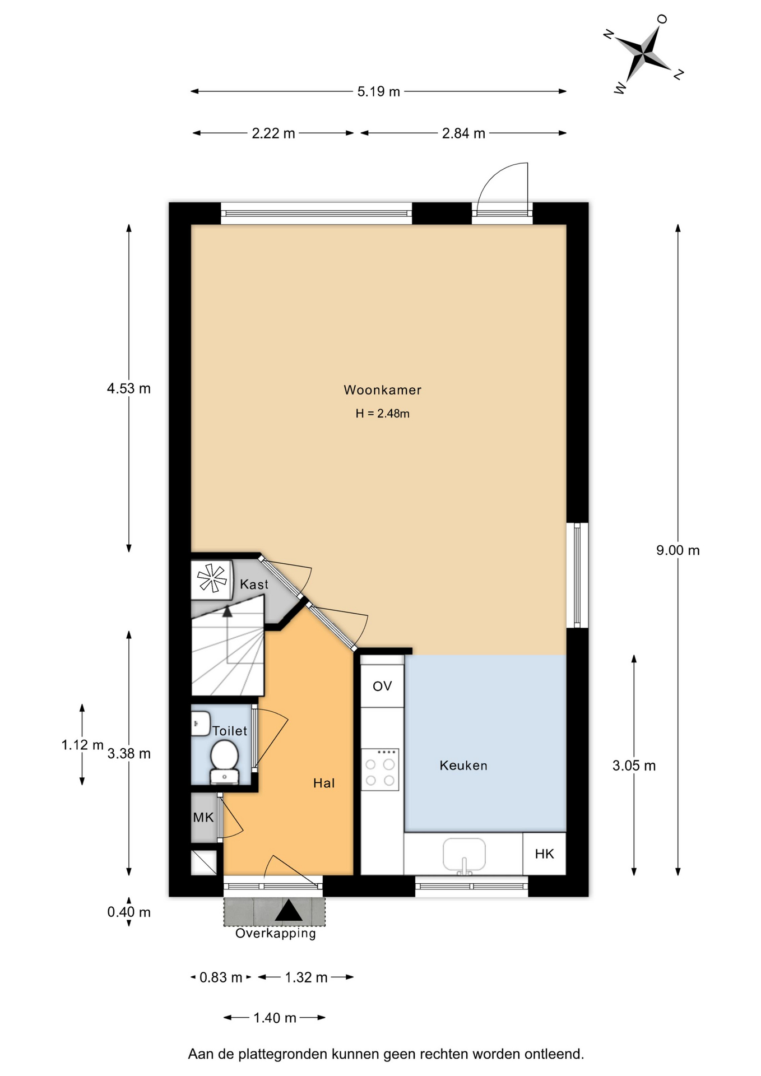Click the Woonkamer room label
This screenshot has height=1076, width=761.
tap(382, 389)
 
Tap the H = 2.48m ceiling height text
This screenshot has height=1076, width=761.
tap(382, 414)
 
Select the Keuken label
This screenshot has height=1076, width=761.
tap(463, 766)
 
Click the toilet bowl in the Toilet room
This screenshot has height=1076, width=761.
tap(224, 760)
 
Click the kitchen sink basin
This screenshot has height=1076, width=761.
tap(464, 855)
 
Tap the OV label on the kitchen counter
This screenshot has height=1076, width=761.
tap(382, 686)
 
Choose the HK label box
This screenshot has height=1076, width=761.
tap(544, 854)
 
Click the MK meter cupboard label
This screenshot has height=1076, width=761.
tap(203, 817)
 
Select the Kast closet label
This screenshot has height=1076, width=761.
tap(254, 585)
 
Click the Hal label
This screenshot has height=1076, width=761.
tap(324, 783)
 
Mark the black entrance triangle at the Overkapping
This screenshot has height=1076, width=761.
tap(289, 911)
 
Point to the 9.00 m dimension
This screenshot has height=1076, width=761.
tap(678, 550)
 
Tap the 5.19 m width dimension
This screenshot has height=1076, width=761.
tap(379, 91)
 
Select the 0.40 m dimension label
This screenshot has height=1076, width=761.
tap(129, 912)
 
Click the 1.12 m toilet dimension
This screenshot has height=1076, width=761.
tap(82, 745)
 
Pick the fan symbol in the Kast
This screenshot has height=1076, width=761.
tap(212, 578)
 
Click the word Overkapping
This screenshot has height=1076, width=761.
tap(276, 934)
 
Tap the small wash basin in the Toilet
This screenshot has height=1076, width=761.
tap(200, 723)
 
